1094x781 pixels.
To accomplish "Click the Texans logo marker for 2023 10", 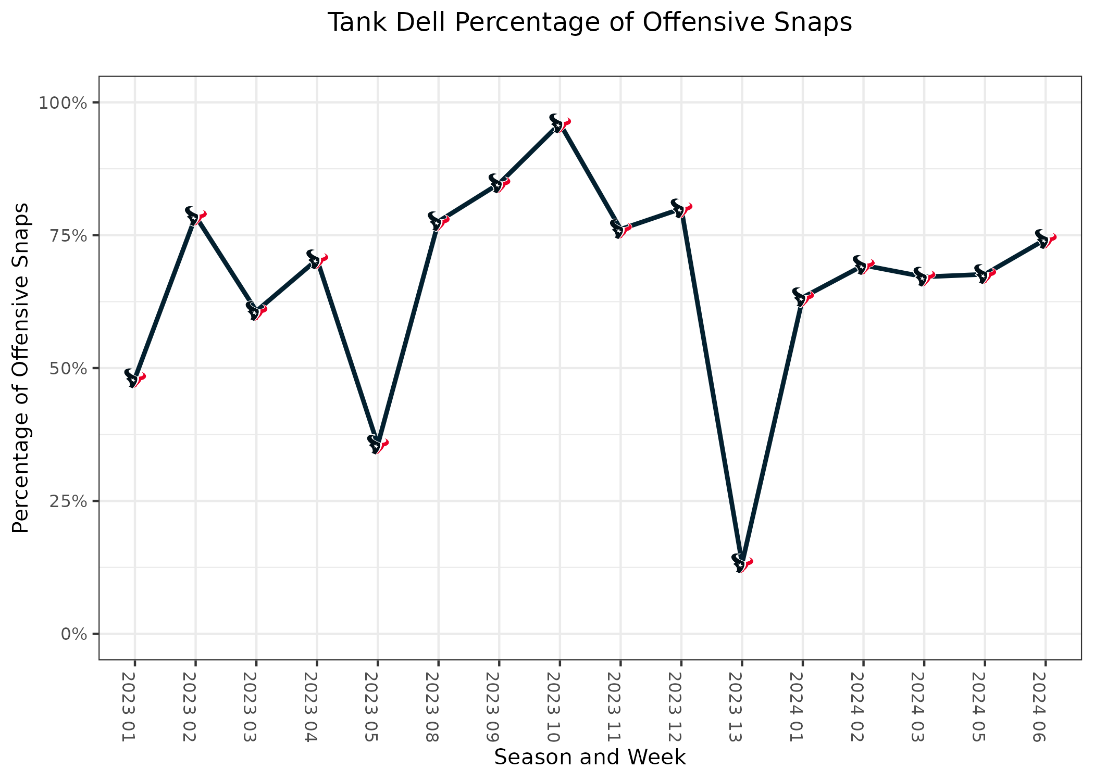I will click(560, 123).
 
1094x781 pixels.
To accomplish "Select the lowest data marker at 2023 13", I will click(742, 563).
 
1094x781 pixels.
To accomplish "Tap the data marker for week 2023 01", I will click(135, 378).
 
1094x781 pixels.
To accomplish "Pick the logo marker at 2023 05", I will click(378, 445).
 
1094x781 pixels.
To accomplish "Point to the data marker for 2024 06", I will click(1045, 239).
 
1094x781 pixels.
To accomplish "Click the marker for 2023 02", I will click(195, 216).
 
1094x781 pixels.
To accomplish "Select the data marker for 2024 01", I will click(802, 297).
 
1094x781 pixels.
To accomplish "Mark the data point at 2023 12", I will click(681, 208).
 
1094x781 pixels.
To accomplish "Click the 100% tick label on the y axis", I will click(62, 103).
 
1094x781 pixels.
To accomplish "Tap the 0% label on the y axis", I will click(73, 634).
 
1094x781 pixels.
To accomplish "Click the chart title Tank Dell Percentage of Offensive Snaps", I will click(589, 23).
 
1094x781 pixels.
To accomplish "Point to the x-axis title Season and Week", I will click(590, 757).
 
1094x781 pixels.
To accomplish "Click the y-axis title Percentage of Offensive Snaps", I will click(21, 368).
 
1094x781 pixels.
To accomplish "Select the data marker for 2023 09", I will click(499, 183).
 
